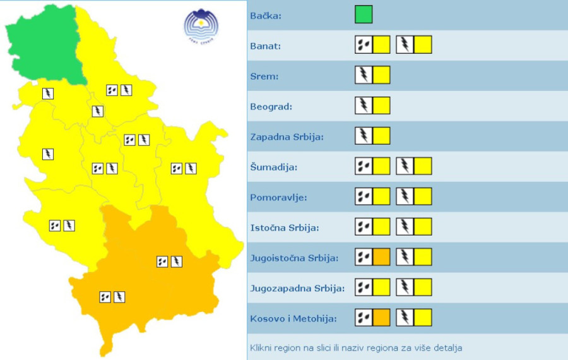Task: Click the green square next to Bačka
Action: [x=364, y=15]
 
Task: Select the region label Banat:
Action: [x=266, y=45]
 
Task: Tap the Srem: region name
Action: [x=264, y=76]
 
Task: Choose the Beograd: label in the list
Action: [x=271, y=106]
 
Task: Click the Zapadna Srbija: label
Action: [x=287, y=136]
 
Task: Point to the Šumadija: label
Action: [x=274, y=167]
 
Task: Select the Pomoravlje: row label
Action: [x=278, y=197]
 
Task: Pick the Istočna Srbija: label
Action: [x=285, y=227]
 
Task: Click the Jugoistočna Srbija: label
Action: [x=295, y=258]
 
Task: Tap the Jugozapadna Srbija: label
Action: [x=297, y=288]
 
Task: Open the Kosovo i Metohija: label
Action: [x=293, y=318]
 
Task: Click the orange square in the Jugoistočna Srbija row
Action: [x=381, y=257]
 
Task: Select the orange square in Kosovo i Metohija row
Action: [x=381, y=318]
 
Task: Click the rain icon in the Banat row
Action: [x=364, y=45]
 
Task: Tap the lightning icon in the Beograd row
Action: [x=364, y=105]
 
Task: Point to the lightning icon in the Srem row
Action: [x=364, y=75]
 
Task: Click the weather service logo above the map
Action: [x=201, y=26]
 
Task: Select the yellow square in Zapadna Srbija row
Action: [x=381, y=136]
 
